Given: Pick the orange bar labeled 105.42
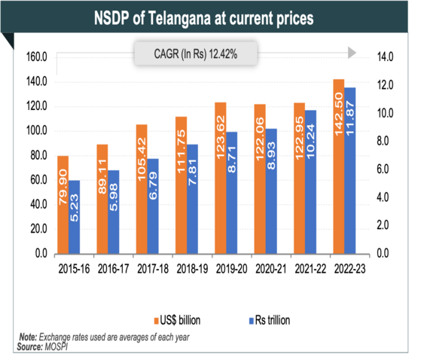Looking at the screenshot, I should click(142, 189).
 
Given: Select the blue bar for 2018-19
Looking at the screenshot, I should click(191, 199).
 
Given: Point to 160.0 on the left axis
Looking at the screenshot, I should click(36, 56).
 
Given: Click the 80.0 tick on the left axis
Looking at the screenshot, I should click(38, 155).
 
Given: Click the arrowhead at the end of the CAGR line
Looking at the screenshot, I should click(352, 54).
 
